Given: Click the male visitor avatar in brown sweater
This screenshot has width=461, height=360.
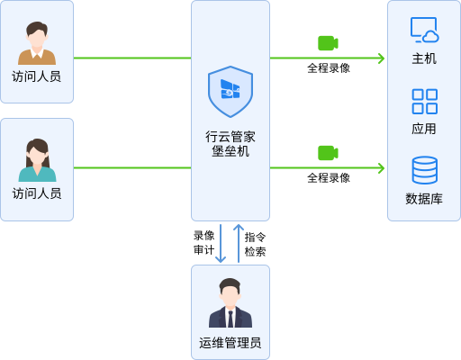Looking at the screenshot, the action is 37,43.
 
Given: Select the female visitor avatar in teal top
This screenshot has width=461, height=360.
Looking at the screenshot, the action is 37,160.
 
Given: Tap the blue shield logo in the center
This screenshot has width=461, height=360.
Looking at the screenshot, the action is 230,92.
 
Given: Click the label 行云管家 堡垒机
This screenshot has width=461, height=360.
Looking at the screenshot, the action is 230,144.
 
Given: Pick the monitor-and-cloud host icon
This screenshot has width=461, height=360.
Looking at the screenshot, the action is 424,30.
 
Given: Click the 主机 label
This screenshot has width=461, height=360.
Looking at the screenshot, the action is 424,58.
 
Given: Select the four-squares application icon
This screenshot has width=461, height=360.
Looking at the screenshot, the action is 425,102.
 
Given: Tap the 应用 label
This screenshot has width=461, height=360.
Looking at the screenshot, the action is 424,129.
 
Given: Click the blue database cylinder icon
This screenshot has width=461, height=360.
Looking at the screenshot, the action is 425,170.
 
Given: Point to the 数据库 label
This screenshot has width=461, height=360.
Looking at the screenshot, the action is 424,199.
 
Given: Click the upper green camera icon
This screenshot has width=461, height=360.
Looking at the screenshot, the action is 328,43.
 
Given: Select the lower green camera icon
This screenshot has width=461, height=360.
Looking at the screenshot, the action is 328,153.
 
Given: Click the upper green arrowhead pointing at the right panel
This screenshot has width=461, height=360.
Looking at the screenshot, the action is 382,58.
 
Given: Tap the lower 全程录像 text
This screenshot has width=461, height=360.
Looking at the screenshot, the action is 329,178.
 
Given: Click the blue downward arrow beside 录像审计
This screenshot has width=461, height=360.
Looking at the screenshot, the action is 221,243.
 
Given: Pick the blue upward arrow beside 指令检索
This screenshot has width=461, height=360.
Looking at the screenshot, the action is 239,243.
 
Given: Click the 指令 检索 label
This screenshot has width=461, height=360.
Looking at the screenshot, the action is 255,245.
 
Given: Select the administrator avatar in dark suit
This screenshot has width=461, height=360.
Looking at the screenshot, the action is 230,302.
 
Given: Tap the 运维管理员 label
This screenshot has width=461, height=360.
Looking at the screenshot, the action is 230,343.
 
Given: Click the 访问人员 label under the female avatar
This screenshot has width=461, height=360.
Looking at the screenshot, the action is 37,193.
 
